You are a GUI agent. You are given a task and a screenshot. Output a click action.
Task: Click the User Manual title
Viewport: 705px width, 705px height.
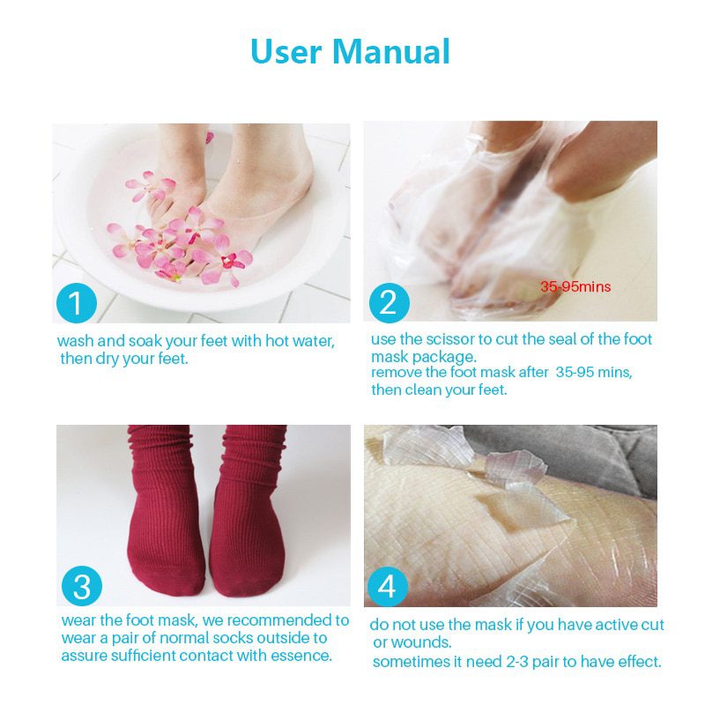351,51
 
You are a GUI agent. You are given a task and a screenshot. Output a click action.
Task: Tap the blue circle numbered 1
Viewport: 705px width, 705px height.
77,303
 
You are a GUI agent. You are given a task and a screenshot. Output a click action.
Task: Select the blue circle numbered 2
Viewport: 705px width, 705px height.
389,302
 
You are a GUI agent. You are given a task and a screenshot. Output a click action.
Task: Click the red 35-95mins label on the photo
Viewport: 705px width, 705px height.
575,286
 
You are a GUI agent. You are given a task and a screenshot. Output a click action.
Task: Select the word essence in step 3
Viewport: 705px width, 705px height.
299,656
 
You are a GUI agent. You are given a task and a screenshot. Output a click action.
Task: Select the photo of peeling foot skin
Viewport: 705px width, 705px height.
511,516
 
